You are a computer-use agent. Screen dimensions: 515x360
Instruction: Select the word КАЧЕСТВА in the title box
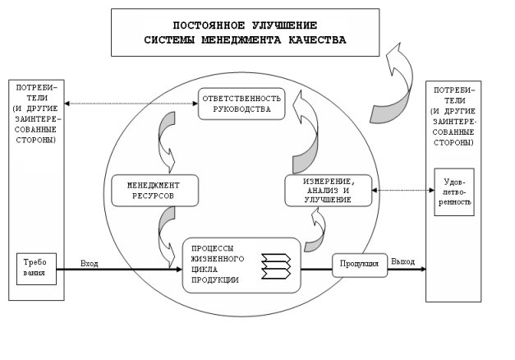pos(317,39)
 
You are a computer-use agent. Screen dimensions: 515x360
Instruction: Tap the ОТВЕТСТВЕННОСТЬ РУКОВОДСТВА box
pos(241,104)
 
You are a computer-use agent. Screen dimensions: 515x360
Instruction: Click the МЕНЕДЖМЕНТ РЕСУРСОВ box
pos(155,191)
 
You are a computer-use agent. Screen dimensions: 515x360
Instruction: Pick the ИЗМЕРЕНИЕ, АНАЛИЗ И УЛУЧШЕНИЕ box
pos(328,191)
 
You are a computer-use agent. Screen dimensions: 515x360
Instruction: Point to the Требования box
pos(36,269)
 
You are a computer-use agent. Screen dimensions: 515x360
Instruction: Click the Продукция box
pos(360,265)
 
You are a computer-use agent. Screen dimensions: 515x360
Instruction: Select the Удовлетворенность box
pos(454,192)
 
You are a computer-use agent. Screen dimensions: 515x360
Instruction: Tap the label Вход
pos(90,264)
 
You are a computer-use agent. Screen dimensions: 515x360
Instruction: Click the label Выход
pos(402,261)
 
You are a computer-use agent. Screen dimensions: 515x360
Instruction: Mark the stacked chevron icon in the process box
pos(276,266)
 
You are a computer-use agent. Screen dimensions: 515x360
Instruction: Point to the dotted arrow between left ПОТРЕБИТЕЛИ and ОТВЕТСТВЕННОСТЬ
pos(131,104)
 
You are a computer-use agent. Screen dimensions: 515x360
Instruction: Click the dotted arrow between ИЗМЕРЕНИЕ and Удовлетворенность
pos(403,190)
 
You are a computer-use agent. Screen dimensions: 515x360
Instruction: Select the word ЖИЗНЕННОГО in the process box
pos(218,259)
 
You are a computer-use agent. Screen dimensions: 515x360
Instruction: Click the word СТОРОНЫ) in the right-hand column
pos(453,143)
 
